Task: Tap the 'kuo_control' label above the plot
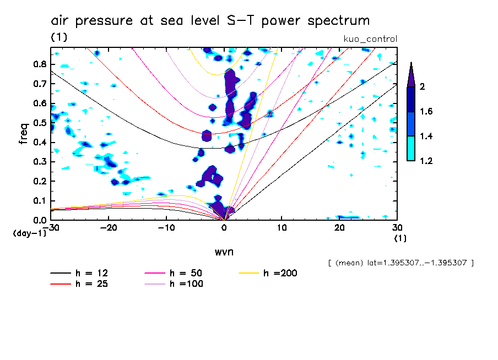pos(370,39)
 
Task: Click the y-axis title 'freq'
pos(24,133)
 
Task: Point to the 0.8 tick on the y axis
pos(39,64)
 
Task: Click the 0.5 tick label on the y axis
pos(39,123)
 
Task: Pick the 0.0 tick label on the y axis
pos(39,220)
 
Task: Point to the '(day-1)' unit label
pos(30,233)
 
